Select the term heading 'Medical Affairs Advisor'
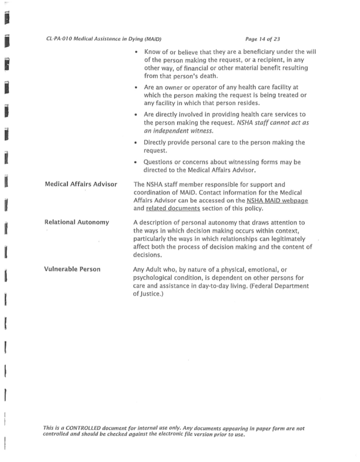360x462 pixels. pos(81,184)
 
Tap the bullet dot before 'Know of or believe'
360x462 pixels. pos(135,53)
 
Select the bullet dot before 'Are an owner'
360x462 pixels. pos(135,88)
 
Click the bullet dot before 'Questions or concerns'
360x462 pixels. pos(135,162)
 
